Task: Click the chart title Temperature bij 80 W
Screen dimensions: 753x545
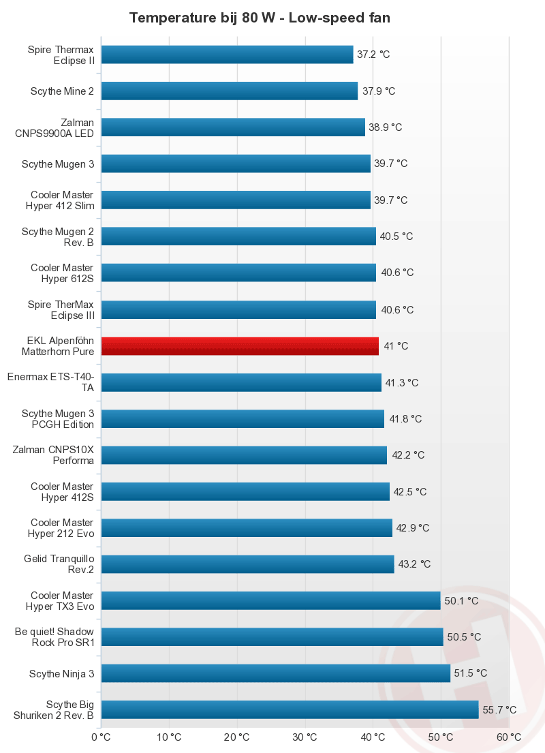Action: (260, 18)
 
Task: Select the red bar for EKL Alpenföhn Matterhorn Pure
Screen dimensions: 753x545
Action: (240, 346)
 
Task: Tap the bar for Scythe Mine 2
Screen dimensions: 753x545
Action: (230, 91)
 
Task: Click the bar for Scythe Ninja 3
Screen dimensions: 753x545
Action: (276, 673)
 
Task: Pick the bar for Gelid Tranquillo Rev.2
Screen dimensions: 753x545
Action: (247, 564)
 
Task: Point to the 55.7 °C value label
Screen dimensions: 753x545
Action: (499, 710)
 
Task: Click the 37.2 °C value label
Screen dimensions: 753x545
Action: (373, 55)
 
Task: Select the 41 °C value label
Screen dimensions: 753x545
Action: (396, 346)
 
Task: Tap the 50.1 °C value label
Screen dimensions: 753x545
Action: (461, 601)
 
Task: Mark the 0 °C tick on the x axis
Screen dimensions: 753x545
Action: (101, 737)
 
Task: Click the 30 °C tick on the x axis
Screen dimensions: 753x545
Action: (305, 737)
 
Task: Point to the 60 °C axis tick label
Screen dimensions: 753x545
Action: (508, 737)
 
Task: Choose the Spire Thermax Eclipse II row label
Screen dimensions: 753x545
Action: (61, 55)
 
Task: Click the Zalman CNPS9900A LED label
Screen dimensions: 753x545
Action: (54, 127)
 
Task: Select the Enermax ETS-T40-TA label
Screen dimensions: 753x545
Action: (50, 382)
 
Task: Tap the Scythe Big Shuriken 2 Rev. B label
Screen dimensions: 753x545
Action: (54, 709)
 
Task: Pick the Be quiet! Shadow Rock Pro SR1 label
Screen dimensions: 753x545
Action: (54, 637)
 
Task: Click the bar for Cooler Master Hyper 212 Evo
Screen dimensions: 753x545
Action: (247, 528)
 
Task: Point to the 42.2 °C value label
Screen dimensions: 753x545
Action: (407, 455)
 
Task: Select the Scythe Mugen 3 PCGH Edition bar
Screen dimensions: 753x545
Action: (243, 418)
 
